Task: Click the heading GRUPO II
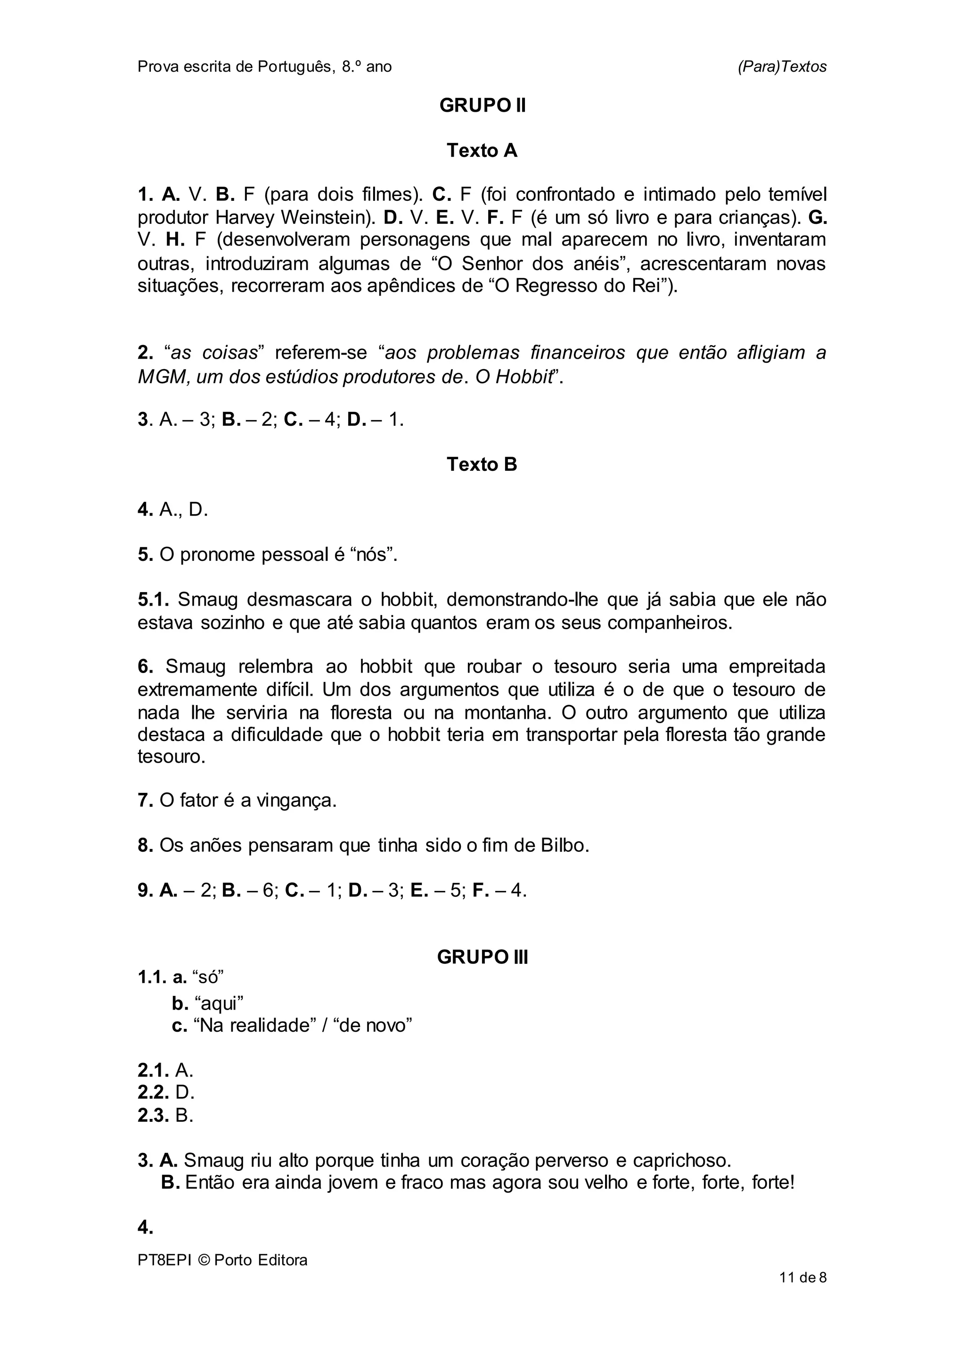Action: (x=482, y=106)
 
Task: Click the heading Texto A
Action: (x=482, y=151)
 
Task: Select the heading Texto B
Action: (x=482, y=464)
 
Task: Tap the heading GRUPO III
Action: (x=482, y=957)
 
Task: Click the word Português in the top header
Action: (x=294, y=66)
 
